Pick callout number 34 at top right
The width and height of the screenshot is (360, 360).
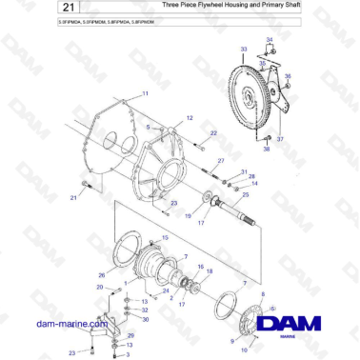(x=270, y=38)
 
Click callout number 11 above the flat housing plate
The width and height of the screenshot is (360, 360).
(x=145, y=93)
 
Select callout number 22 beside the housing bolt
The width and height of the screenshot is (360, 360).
(x=213, y=133)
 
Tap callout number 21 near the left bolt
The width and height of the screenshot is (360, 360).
(x=72, y=197)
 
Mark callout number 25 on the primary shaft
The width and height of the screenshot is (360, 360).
(x=246, y=195)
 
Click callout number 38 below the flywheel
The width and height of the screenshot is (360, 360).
(x=266, y=150)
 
